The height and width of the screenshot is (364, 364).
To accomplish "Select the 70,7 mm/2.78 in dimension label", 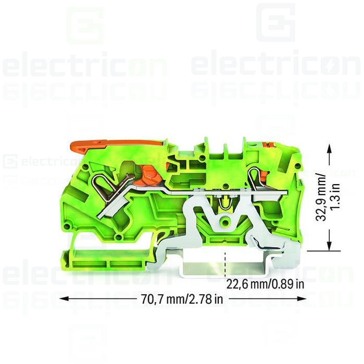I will [181, 299].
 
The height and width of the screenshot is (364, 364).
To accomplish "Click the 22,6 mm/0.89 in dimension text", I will [265, 284].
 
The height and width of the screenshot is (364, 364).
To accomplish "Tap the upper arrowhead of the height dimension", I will [329, 148].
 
